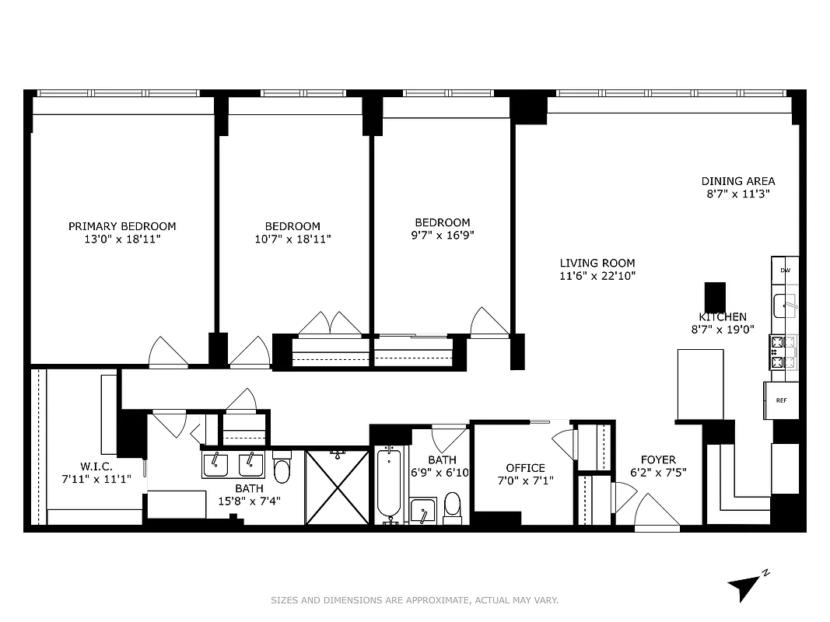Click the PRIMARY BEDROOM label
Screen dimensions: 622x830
122,226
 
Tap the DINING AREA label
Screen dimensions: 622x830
737,181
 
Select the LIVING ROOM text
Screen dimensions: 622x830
597,263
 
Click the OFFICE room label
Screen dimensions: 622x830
525,467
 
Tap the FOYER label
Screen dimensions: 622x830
658,460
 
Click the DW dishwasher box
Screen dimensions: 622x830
785,270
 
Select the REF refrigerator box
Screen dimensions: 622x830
782,400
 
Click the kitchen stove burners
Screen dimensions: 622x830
784,351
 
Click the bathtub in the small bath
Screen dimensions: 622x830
389,484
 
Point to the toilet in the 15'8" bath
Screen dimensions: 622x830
282,470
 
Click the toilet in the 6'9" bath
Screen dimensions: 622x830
452,508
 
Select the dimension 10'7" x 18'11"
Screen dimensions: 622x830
292,239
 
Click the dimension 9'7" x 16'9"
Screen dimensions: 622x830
442,235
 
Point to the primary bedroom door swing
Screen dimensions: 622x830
167,352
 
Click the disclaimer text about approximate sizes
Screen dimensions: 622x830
415,599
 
